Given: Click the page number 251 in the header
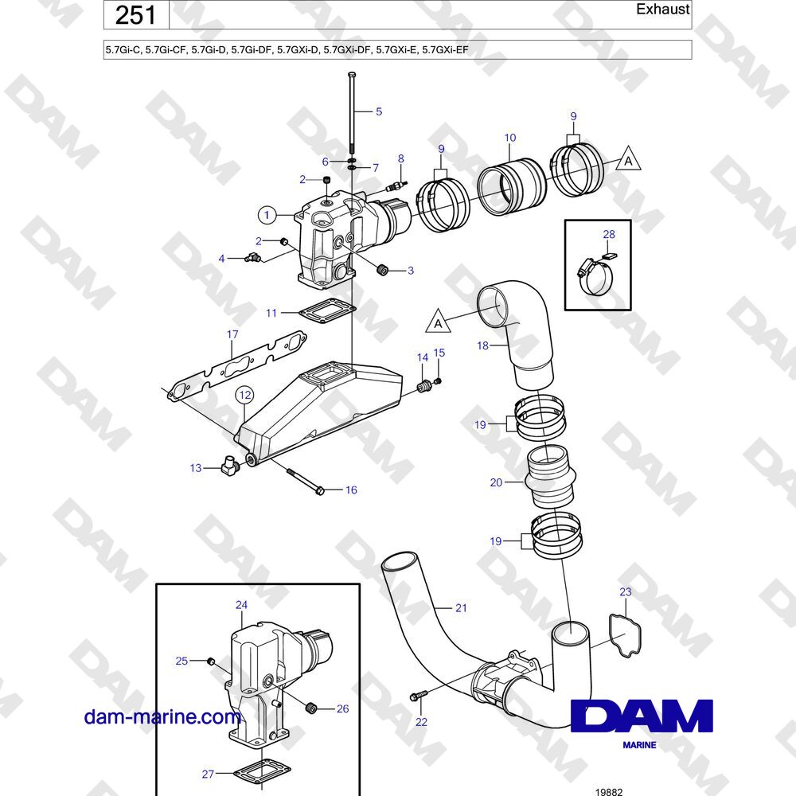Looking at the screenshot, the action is point(135,14).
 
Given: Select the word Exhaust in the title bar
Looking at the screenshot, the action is point(662,9).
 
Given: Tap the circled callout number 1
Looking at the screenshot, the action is point(267,215).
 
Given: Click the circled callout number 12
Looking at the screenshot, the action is point(244,395).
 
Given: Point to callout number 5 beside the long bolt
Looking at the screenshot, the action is point(379,111).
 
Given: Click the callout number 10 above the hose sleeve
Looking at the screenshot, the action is point(510,138).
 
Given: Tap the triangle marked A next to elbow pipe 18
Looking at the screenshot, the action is point(438,322).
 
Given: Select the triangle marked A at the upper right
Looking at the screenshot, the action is point(629,159).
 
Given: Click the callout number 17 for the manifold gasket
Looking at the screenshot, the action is point(232,334).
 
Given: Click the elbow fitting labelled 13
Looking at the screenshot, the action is point(231,465).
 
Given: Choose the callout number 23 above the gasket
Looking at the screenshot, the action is point(626,591).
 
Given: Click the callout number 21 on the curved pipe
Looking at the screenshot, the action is point(461,607).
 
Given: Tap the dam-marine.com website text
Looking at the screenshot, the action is point(162,717).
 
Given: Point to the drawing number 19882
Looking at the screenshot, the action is point(609,791).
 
